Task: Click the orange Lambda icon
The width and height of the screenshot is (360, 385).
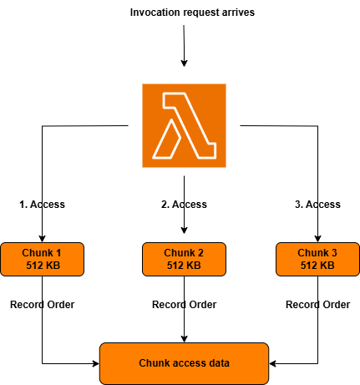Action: coord(184,125)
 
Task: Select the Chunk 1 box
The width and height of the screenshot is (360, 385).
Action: coord(42,259)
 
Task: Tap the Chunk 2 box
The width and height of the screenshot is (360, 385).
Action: coord(184,259)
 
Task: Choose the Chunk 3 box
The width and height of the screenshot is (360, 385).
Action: coord(317,259)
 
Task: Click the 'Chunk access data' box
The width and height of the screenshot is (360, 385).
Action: coord(184,363)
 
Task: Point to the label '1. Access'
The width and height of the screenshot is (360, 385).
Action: coord(42,205)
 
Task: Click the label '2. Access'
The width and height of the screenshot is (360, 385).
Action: coord(184,205)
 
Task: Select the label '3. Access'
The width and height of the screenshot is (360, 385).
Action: coord(317,205)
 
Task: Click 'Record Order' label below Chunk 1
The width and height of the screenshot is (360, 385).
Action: coord(42,305)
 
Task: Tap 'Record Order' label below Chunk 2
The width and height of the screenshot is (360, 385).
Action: coord(184,305)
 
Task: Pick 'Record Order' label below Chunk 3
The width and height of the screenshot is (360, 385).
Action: coord(317,305)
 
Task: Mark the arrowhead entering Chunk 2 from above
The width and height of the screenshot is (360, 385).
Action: coord(184,238)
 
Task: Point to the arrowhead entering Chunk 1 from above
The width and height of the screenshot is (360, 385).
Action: coord(42,238)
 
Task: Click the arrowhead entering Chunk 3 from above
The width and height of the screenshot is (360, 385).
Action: coord(318,238)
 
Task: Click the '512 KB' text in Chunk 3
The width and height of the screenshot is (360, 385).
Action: coord(317,266)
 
